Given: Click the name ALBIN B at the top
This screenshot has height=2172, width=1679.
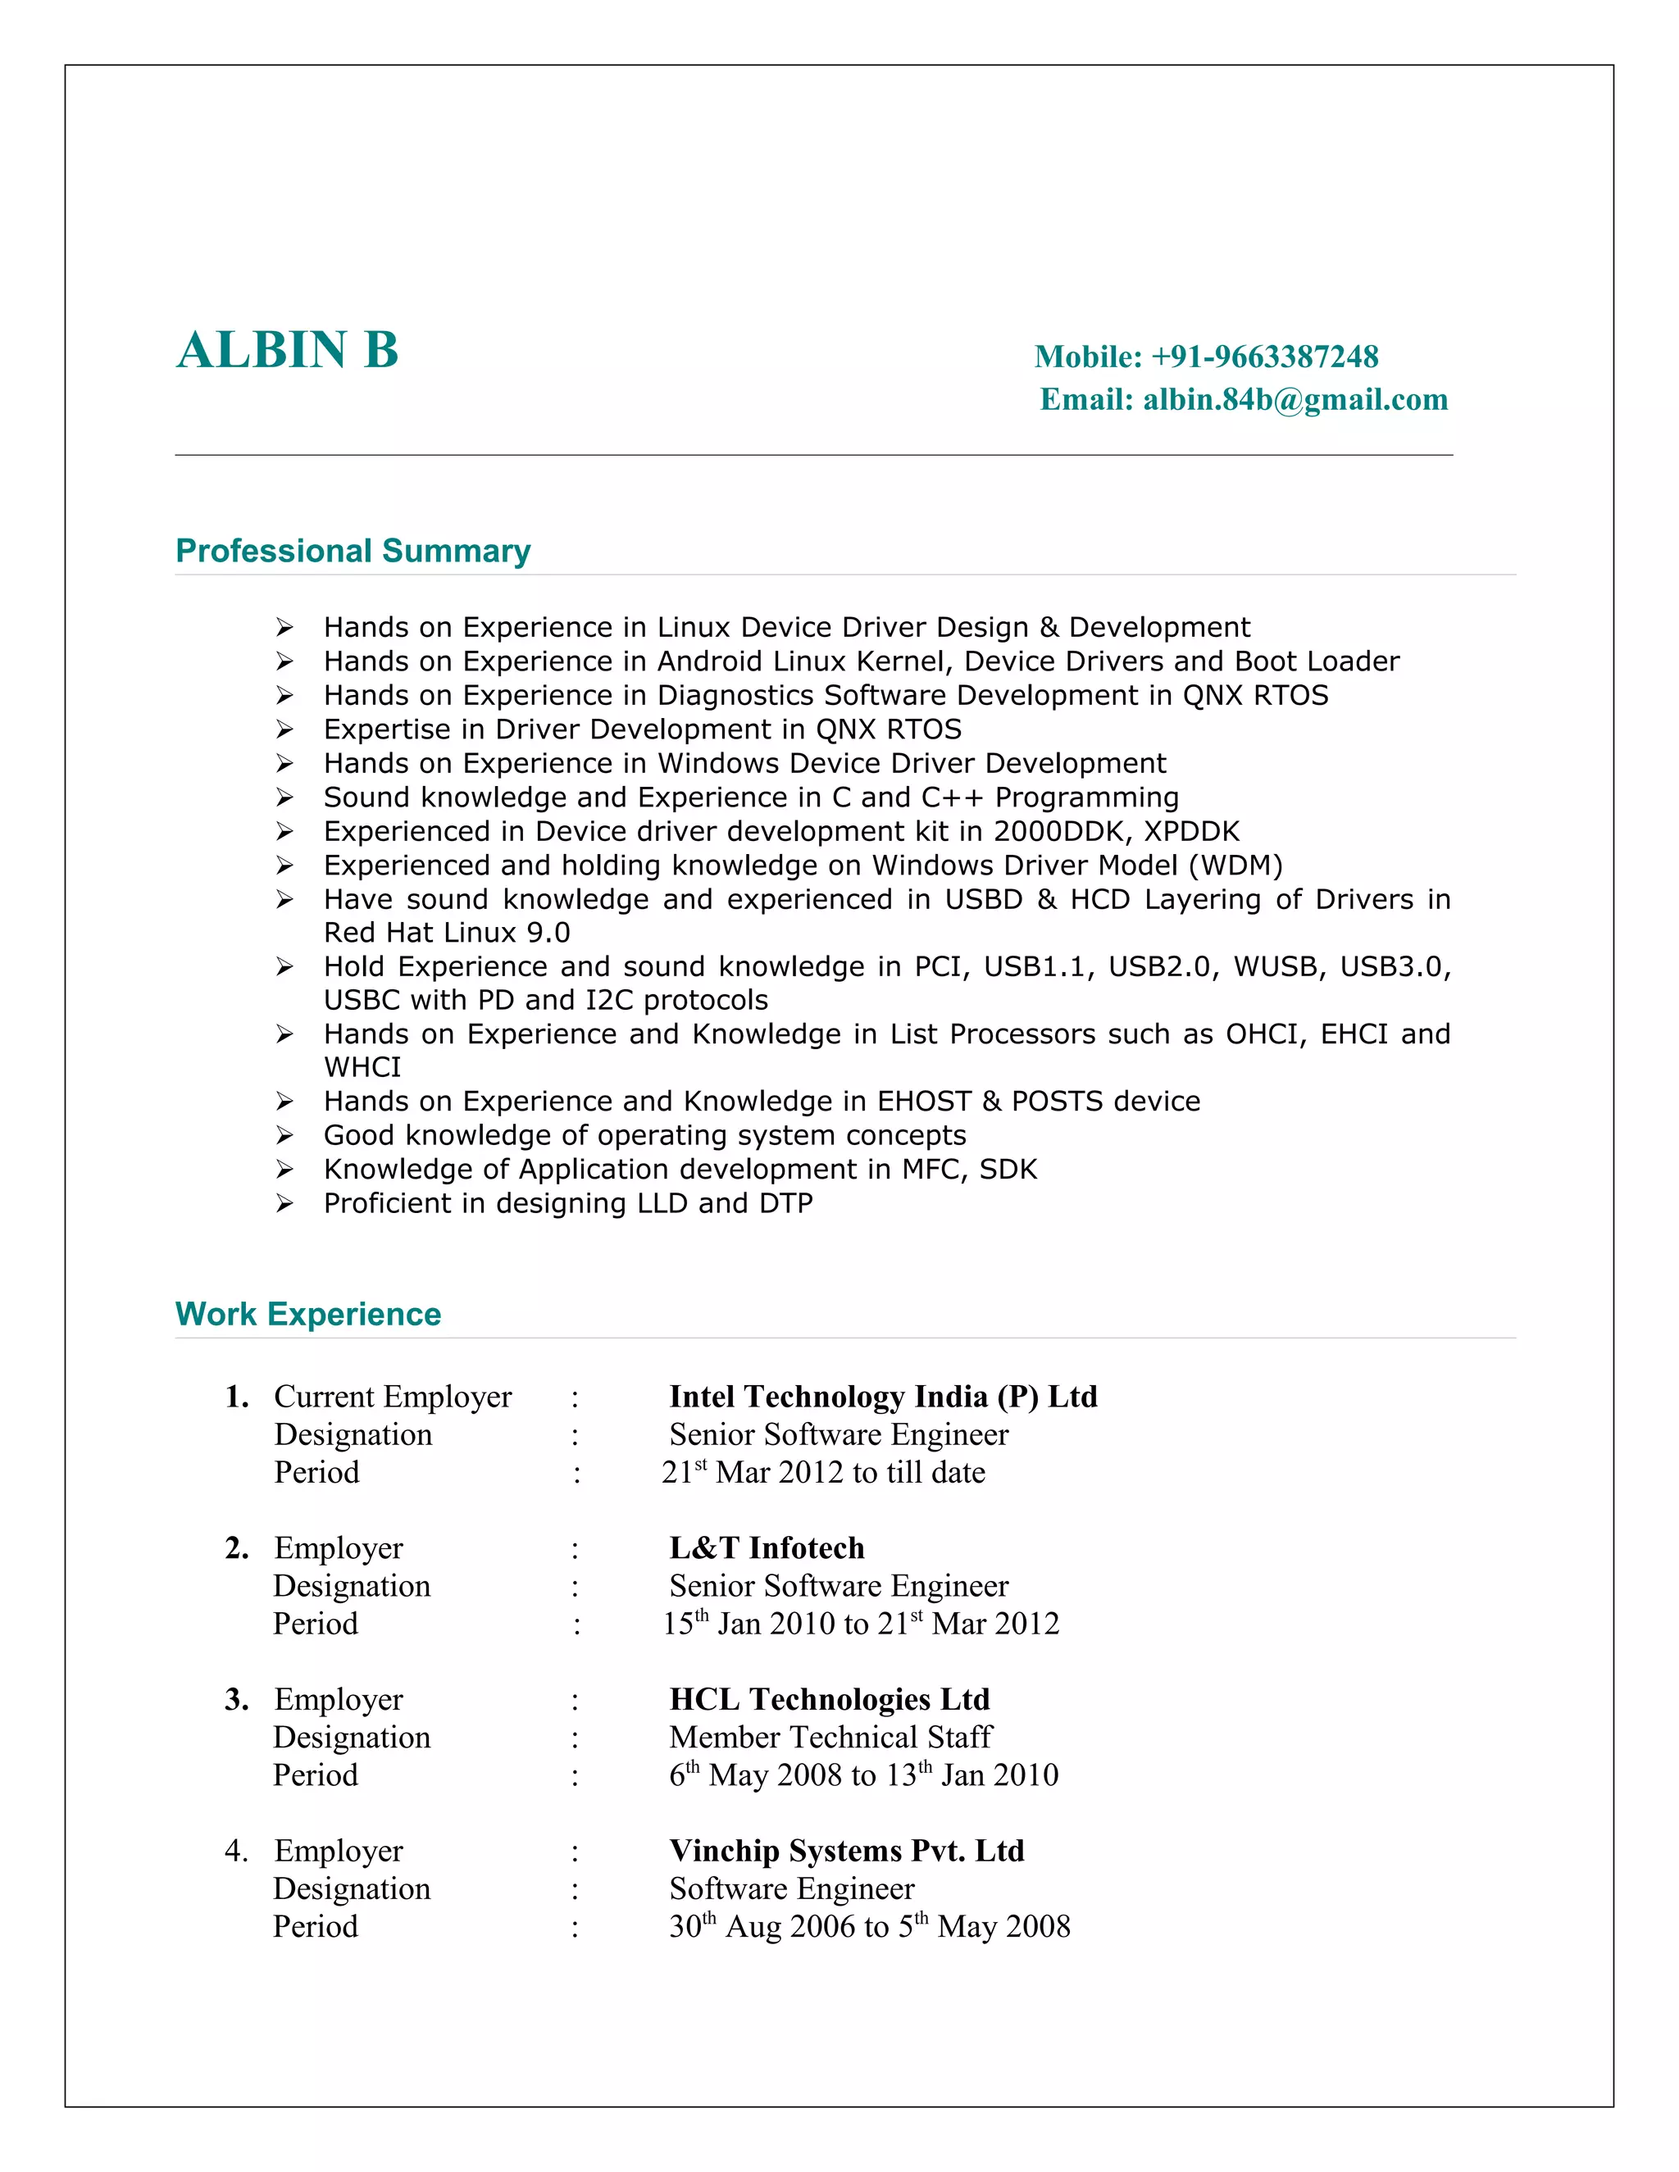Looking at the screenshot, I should pyautogui.click(x=288, y=350).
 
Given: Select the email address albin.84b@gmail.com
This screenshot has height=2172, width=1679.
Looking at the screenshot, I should pyautogui.click(x=1295, y=400).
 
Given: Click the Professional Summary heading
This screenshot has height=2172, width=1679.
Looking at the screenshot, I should pyautogui.click(x=353, y=551).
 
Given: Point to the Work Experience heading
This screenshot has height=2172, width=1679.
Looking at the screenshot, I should pyautogui.click(x=308, y=1314).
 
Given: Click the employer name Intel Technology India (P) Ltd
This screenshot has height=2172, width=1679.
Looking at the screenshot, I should pyautogui.click(x=883, y=1397).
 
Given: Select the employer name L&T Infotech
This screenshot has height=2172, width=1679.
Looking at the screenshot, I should pyautogui.click(x=767, y=1547).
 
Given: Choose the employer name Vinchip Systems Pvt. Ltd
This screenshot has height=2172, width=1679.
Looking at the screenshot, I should pyautogui.click(x=846, y=1850).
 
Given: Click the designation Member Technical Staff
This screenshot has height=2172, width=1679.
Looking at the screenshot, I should pyautogui.click(x=830, y=1737).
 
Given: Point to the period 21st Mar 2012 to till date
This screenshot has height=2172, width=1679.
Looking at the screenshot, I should pyautogui.click(x=824, y=1472).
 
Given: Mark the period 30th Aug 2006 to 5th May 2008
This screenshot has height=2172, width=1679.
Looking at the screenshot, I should pyautogui.click(x=869, y=1925).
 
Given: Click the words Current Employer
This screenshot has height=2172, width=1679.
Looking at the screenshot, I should pyautogui.click(x=393, y=1397).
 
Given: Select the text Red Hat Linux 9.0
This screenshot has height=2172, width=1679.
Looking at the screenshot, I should pyautogui.click(x=447, y=933).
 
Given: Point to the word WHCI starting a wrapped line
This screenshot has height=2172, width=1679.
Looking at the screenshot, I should pyautogui.click(x=362, y=1067).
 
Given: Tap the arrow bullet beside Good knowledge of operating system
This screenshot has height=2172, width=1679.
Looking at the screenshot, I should pyautogui.click(x=284, y=1136).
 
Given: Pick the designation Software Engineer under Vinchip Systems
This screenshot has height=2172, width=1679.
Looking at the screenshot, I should pyautogui.click(x=792, y=1888).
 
